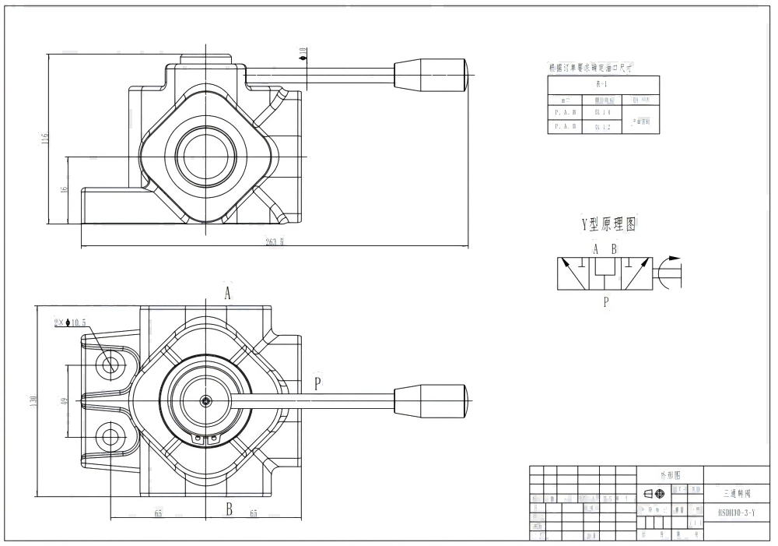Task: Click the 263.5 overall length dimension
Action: pos(273,241)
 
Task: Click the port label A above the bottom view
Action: pos(228,293)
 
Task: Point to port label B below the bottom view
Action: pos(230,509)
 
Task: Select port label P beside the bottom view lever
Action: pos(317,382)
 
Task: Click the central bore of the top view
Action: pos(205,150)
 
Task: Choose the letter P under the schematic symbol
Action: pos(605,302)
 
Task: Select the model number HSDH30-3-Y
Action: pos(731,512)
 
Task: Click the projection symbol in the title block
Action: pos(654,493)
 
